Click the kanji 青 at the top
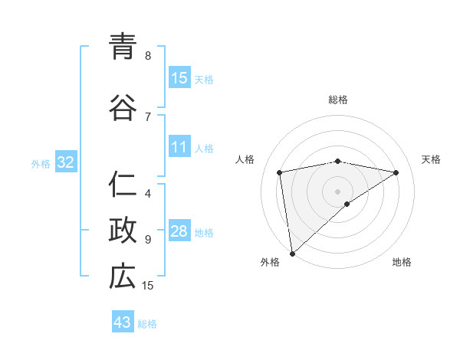coord(123,46)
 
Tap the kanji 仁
coord(123,185)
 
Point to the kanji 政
coord(123,231)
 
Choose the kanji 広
coord(123,277)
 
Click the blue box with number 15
coord(179,78)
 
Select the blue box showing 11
coord(179,147)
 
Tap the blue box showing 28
coord(179,231)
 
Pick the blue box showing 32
coord(65,162)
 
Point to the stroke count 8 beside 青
coord(148,56)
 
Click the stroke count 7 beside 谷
coord(148,117)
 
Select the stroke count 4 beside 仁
coord(148,194)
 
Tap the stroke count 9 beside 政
coord(148,240)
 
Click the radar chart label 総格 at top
coord(338,100)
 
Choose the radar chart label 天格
coord(431,159)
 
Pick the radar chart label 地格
coord(402,263)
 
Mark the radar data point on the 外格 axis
coord(292,253)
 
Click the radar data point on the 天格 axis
coord(396,172)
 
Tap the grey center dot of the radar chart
coord(338,191)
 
